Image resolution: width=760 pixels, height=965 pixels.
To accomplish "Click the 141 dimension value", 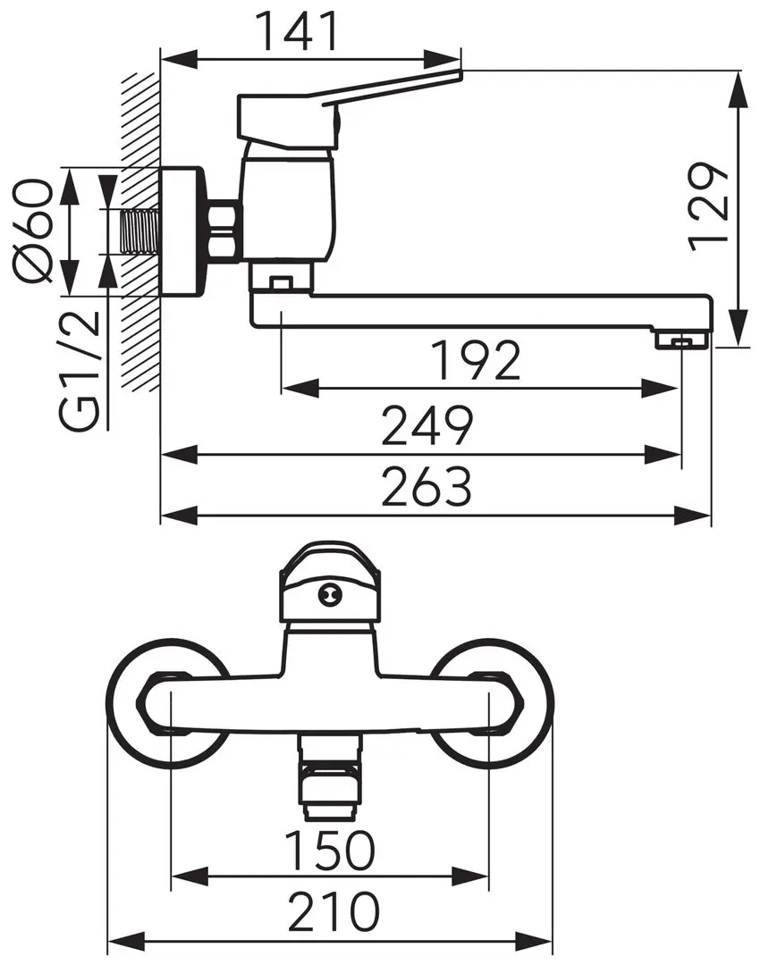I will click(299, 31).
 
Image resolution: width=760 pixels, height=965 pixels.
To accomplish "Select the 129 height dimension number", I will click(711, 206).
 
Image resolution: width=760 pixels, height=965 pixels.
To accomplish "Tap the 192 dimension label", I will click(475, 361).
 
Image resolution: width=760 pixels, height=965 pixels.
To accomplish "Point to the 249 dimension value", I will click(426, 427).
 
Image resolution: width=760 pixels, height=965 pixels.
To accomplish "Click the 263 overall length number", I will click(426, 488).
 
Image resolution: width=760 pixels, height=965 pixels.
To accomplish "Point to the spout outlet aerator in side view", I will click(681, 340).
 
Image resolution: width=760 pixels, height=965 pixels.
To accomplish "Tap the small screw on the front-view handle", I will click(329, 592).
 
